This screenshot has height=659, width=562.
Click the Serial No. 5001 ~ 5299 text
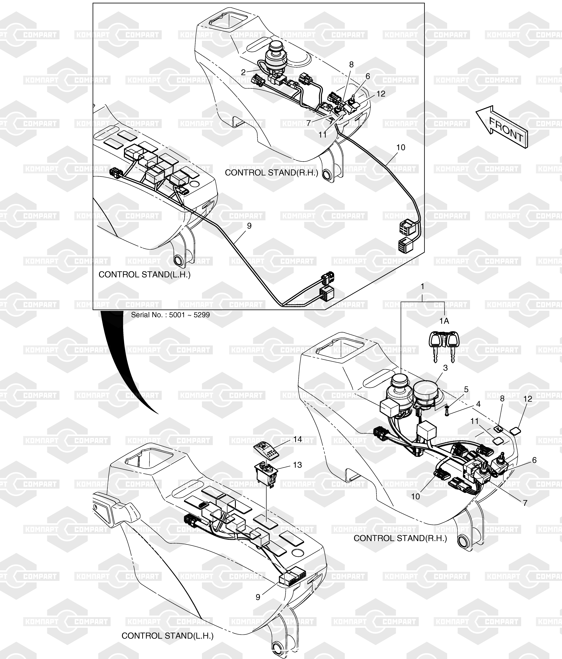(170, 315)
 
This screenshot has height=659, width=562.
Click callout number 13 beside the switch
(297, 465)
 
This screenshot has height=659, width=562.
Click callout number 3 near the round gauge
(445, 368)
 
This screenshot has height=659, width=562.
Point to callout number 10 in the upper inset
(401, 148)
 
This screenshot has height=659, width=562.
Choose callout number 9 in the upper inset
(249, 226)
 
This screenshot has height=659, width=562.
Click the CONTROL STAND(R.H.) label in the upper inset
(271, 173)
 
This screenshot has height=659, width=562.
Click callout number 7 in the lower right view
(525, 503)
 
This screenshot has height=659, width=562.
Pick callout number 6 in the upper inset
(368, 76)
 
